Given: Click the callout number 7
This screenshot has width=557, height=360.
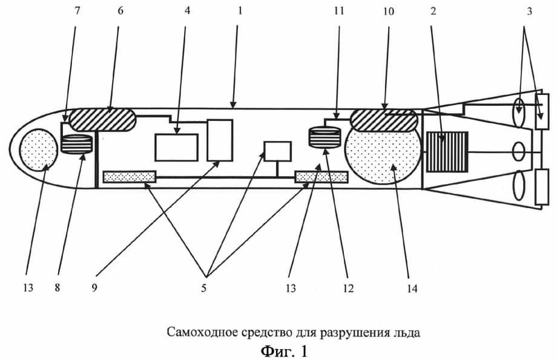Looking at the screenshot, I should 76,11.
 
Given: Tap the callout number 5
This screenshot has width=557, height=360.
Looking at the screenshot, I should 204,289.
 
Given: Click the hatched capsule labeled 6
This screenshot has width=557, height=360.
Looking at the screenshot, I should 103,119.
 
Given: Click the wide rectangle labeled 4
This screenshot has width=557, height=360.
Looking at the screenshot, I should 176,147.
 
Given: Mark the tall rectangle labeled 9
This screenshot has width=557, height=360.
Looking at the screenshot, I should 220,140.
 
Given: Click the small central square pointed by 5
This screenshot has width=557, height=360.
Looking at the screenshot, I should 278,151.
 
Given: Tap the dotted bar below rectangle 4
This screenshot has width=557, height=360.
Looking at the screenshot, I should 130,177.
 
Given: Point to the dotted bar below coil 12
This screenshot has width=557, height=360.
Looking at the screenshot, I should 321,177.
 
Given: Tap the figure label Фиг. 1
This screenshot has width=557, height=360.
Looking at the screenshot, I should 284,350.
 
